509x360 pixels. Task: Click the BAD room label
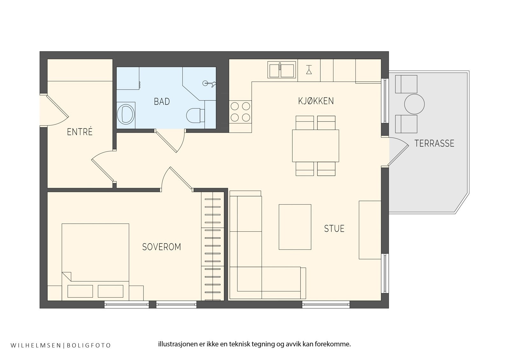[x=162, y=102]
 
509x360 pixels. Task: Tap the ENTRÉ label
[x=80, y=132]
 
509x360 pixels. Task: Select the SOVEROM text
[x=162, y=247]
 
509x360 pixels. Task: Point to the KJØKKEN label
[x=316, y=101]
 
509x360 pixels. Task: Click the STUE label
[x=334, y=229]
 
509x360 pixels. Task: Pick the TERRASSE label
[x=434, y=143]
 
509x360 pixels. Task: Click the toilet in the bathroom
[x=195, y=115]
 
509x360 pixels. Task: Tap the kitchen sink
[x=282, y=70]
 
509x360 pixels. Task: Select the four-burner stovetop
[x=240, y=112]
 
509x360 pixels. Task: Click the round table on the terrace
[x=415, y=104]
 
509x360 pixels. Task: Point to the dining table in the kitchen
[x=315, y=145]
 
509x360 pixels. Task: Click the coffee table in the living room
[x=295, y=227]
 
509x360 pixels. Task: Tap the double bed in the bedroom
[x=95, y=262]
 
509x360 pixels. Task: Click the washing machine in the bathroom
[x=126, y=113]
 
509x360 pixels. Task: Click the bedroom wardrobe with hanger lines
[x=213, y=246]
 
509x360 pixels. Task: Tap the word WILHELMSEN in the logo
[x=36, y=345]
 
